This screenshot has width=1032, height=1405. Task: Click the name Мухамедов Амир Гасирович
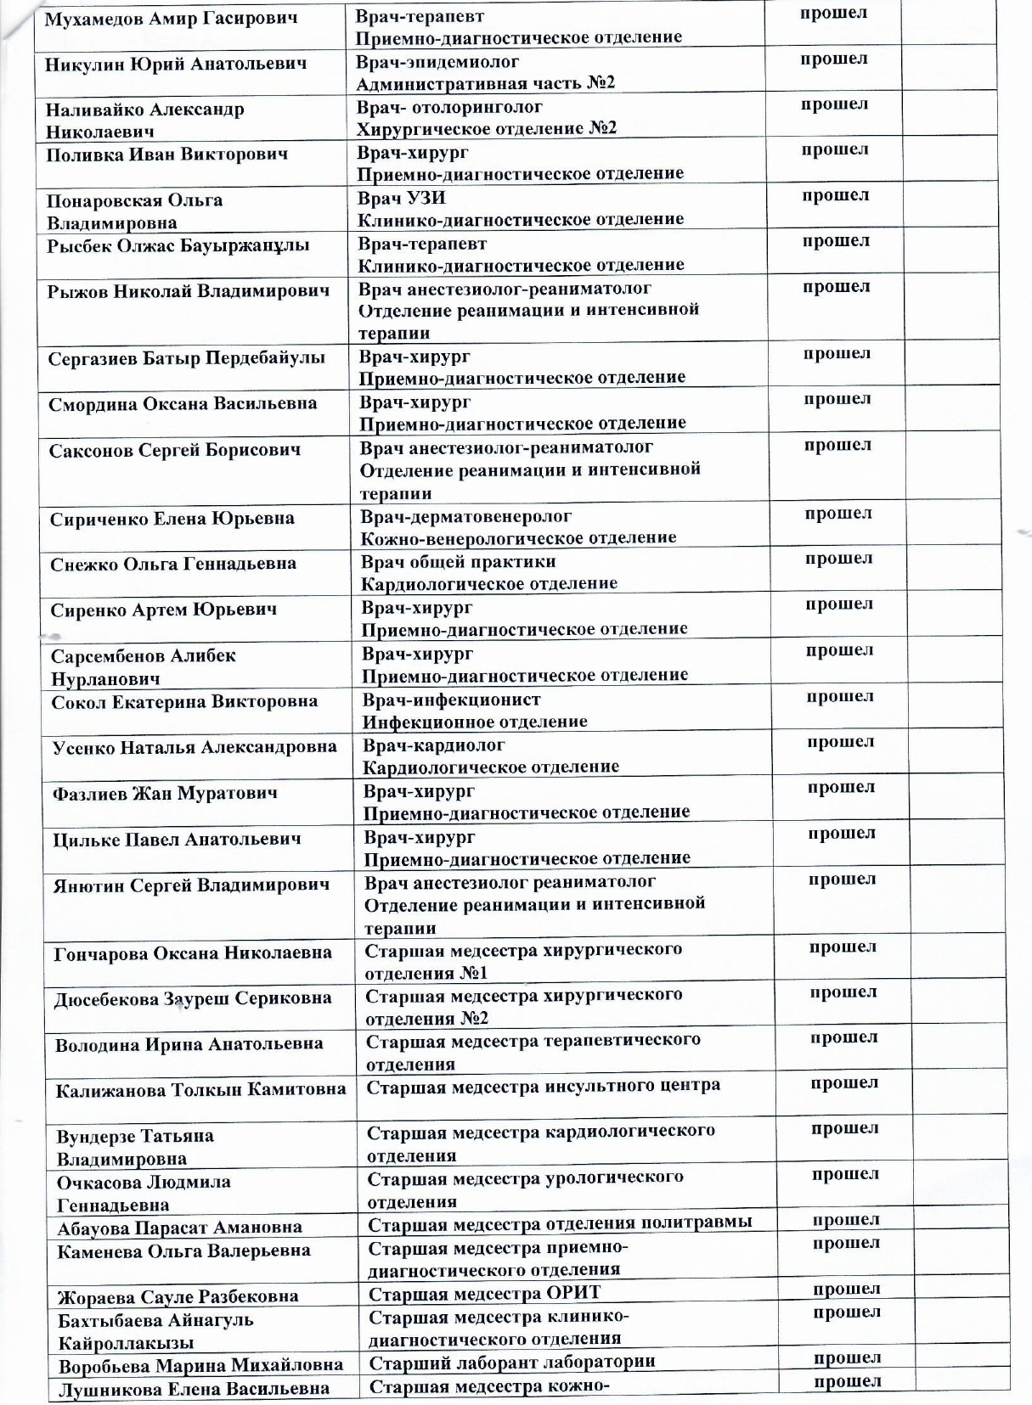[171, 20]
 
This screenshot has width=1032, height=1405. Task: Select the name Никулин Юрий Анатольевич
[176, 65]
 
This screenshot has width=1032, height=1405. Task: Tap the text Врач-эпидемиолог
[437, 62]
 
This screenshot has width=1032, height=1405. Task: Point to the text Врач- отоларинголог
[449, 107]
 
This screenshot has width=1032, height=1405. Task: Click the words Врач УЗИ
[402, 198]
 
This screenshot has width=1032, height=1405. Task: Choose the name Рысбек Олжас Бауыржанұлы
[178, 246]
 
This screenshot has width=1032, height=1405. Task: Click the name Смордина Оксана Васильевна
[183, 404]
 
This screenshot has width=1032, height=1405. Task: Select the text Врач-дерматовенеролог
[466, 516]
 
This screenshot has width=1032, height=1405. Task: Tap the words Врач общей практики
[459, 562]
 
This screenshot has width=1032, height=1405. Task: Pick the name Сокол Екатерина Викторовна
[184, 702]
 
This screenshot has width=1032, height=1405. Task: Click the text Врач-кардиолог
[434, 745]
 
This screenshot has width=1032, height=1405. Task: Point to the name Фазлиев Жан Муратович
[165, 795]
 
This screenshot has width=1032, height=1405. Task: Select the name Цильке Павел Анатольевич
[177, 840]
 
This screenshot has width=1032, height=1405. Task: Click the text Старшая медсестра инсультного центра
[543, 1086]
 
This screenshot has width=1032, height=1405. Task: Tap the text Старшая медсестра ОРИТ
[484, 1293]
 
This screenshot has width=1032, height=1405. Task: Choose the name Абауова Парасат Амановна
[179, 1228]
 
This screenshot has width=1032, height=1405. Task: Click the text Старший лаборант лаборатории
[512, 1362]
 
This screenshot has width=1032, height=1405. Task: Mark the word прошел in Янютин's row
[842, 880]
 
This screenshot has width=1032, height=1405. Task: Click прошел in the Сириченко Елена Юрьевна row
[838, 514]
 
